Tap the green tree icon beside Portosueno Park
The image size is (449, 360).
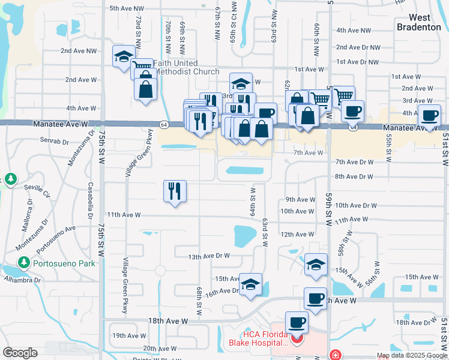[23, 262]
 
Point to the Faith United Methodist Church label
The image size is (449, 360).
[186, 67]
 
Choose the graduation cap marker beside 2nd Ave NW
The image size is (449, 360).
[124, 57]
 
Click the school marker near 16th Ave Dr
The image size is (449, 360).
[250, 283]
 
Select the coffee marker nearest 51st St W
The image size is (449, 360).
[429, 115]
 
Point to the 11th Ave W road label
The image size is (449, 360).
[123, 214]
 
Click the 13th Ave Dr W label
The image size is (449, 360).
[209, 256]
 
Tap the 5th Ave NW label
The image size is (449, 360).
[127, 8]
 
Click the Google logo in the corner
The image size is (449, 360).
[20, 353]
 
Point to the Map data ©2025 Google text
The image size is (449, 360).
[411, 355]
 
